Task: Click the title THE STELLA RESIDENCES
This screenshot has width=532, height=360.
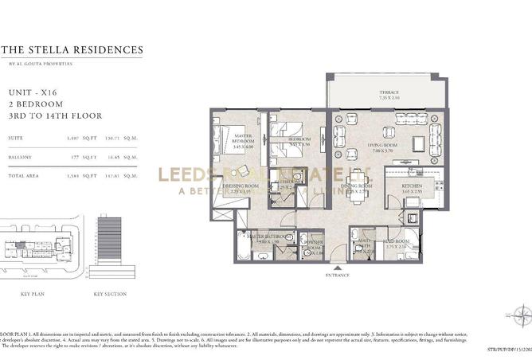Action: pyautogui.click(x=72, y=50)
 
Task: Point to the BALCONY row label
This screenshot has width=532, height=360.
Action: pyautogui.click(x=21, y=158)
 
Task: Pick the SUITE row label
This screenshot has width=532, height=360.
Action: pyautogui.click(x=16, y=138)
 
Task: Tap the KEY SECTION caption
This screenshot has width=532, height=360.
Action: pyautogui.click(x=110, y=293)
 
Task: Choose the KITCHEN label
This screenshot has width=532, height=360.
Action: pyautogui.click(x=399, y=184)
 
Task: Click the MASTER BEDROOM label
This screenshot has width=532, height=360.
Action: pyautogui.click(x=244, y=140)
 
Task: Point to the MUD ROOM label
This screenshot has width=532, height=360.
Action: pyautogui.click(x=397, y=241)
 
